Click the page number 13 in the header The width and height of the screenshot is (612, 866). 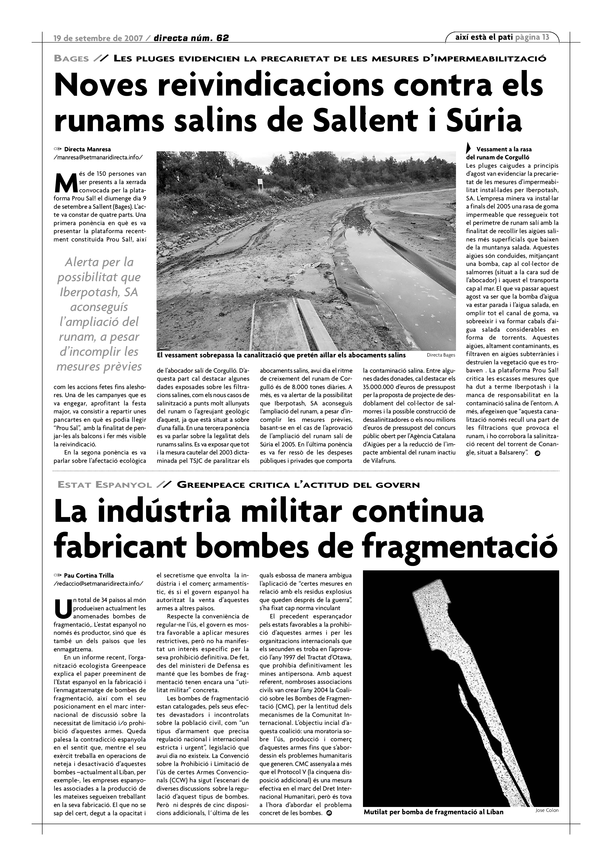coord(545,37)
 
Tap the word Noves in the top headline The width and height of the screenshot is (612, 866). coord(101,85)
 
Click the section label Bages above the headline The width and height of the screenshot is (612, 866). coord(72,58)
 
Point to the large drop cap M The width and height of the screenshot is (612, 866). coord(66,182)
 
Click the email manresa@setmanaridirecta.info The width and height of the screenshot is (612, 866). coord(98,157)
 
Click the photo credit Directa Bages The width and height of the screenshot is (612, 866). coord(441,355)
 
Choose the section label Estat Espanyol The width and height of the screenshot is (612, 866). coord(105,485)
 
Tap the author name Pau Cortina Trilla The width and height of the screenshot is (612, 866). coord(89,575)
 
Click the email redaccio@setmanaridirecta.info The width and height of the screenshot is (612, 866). coord(98,584)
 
